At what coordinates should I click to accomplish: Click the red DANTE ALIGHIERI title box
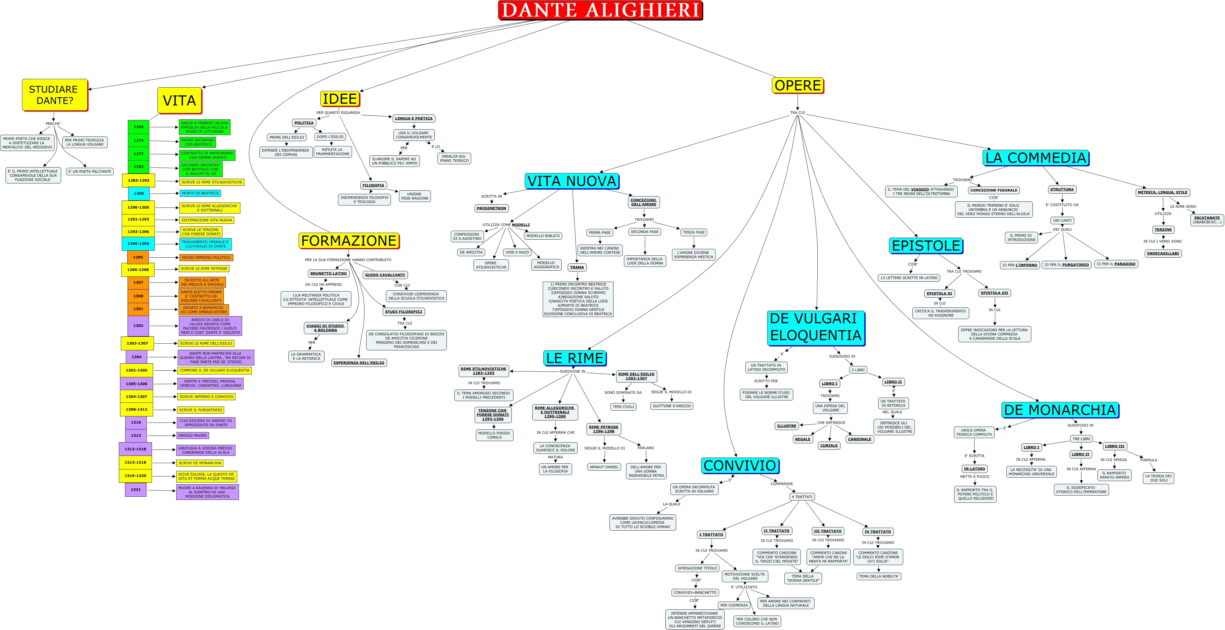point(600,10)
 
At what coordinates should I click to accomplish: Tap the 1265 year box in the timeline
point(138,127)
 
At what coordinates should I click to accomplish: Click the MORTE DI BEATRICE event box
point(200,194)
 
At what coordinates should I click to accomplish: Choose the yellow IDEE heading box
point(340,99)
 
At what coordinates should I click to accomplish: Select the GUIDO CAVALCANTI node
point(385,275)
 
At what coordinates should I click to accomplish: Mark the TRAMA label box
point(577,267)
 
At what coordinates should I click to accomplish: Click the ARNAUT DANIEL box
point(604,467)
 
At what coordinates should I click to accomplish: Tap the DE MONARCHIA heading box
point(1059,410)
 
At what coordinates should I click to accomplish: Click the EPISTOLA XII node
point(994,293)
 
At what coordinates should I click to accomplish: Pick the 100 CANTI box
point(1062,220)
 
